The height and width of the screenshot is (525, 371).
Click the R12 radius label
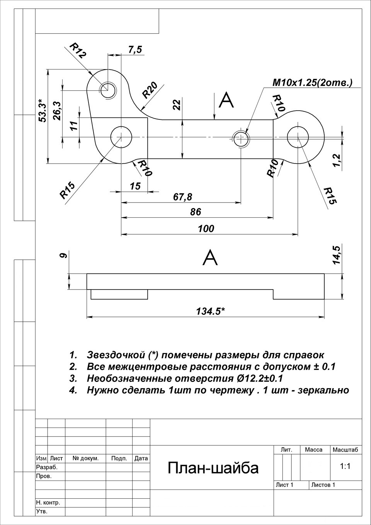(x=78, y=51)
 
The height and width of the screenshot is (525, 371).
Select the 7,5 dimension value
(x=135, y=49)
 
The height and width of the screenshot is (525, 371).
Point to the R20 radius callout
(x=150, y=90)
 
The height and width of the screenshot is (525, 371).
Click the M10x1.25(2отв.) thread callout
(x=312, y=82)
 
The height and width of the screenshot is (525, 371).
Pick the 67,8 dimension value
(x=182, y=197)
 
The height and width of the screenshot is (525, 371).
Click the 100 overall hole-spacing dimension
(x=206, y=229)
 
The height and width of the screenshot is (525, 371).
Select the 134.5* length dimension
(x=211, y=311)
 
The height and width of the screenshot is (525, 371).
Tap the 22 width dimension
(x=177, y=104)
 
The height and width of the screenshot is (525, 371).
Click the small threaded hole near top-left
(x=108, y=90)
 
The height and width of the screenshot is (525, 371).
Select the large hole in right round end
(x=298, y=137)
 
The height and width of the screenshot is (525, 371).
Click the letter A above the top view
(x=226, y=101)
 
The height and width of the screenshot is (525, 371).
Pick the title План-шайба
(x=213, y=468)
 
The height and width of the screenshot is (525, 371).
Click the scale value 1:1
(x=345, y=467)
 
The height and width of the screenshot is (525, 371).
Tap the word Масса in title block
(x=313, y=450)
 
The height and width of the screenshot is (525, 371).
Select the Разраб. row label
(x=44, y=467)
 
